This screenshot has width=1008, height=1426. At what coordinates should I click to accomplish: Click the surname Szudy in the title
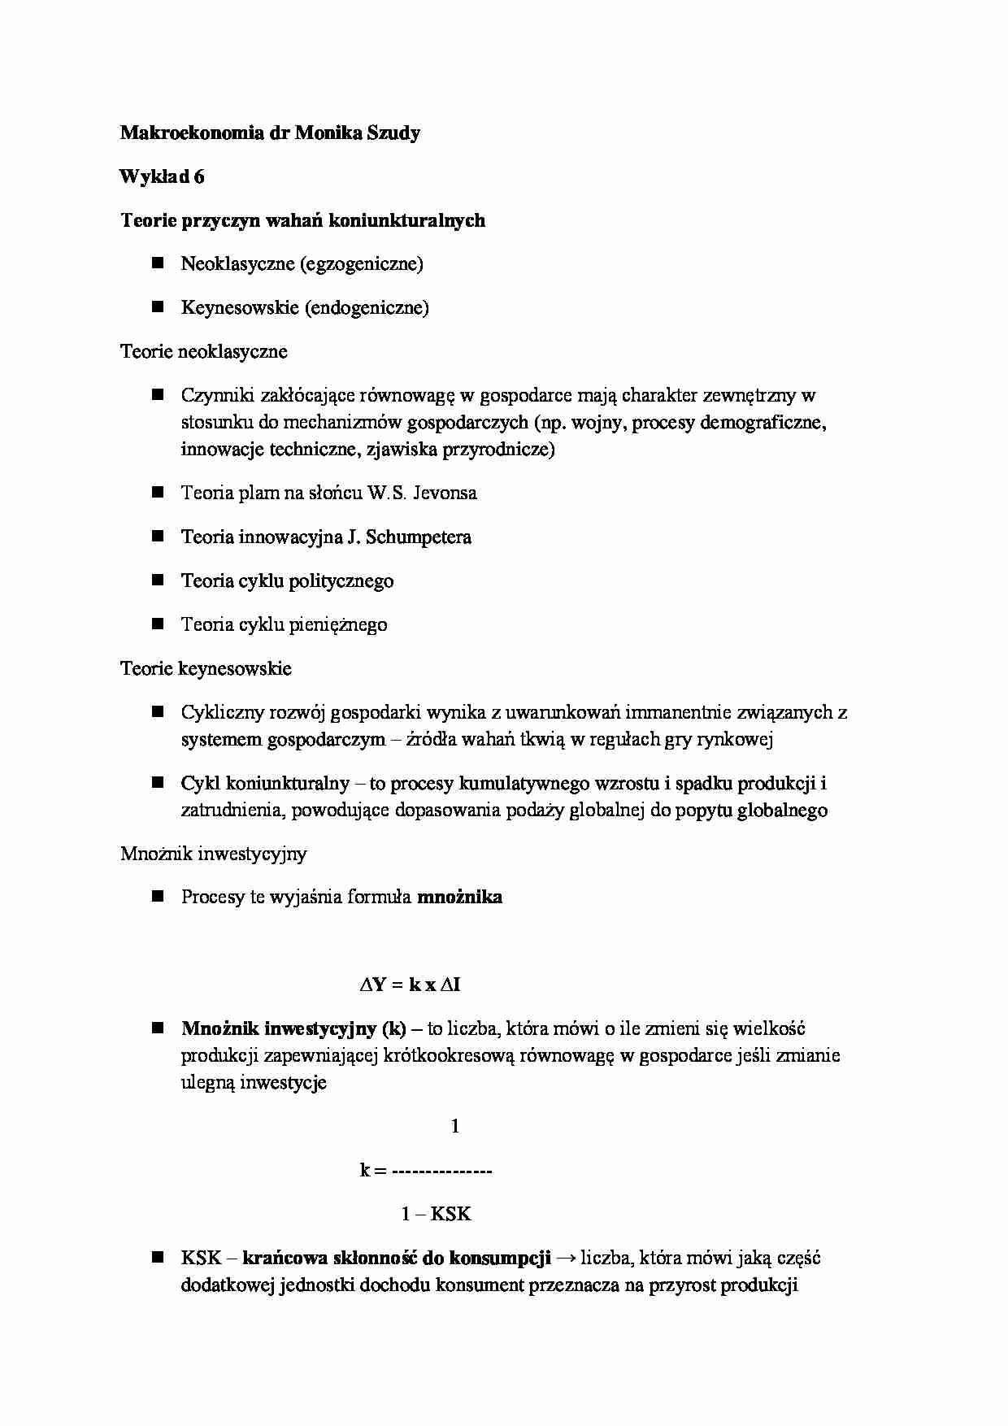[390, 133]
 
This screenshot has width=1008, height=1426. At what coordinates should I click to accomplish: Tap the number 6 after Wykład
[199, 177]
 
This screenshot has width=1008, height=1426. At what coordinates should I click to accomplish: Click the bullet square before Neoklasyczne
[158, 263]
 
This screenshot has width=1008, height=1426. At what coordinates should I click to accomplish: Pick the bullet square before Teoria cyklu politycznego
[158, 580]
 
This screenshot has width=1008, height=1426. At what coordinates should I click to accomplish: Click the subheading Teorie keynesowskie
[206, 669]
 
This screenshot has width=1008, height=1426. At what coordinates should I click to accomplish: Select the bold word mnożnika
[459, 898]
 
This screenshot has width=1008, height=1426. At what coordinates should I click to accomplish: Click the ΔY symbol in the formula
[372, 985]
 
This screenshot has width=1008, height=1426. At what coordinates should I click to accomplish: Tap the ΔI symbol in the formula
[450, 985]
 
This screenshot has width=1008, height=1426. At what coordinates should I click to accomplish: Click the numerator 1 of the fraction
[454, 1127]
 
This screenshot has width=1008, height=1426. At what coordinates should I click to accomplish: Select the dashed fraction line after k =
[441, 1172]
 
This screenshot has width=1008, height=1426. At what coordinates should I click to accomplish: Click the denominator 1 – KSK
[436, 1215]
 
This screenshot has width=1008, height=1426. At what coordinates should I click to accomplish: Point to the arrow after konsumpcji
[567, 1259]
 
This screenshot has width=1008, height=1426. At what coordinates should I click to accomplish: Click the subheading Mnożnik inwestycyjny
[214, 854]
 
